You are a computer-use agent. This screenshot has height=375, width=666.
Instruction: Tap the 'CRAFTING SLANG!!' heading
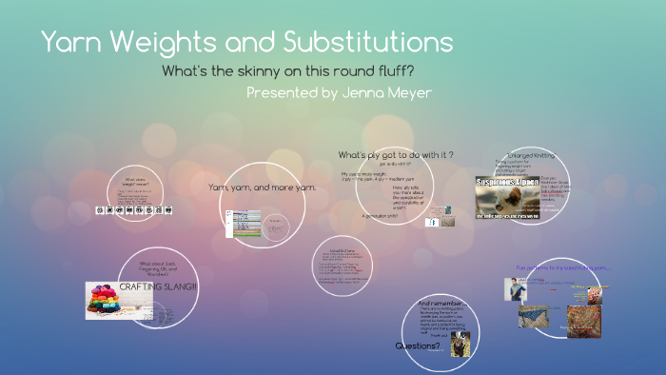[156, 286]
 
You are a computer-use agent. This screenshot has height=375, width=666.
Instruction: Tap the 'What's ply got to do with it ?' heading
[395, 154]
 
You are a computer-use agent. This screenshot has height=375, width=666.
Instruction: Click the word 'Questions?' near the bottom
[419, 345]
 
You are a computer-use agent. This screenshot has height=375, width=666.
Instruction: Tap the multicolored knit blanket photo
[582, 321]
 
